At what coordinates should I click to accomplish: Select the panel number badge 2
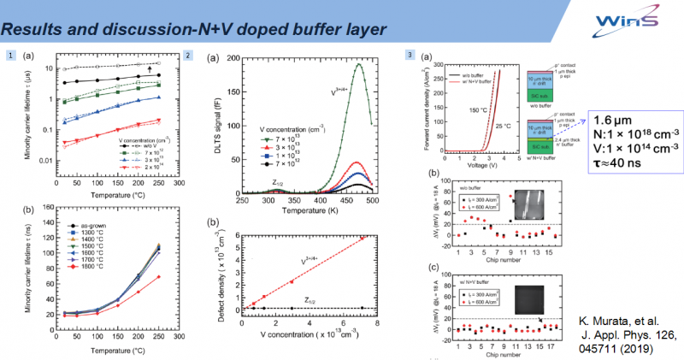point(187,56)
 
